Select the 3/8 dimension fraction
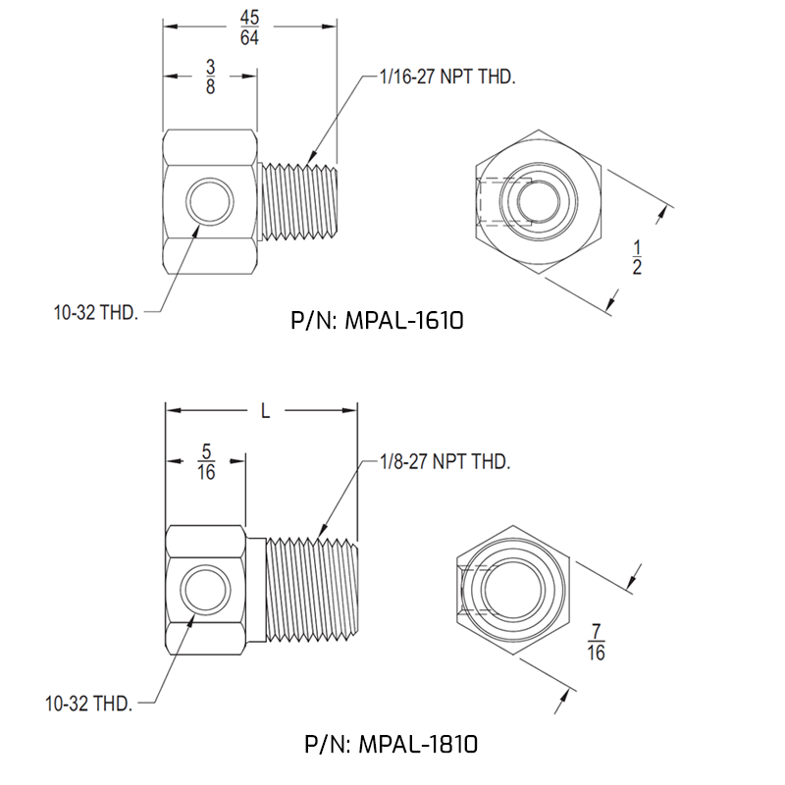click(x=210, y=76)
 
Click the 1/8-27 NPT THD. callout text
click(x=445, y=460)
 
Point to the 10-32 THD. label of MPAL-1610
click(x=95, y=314)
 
